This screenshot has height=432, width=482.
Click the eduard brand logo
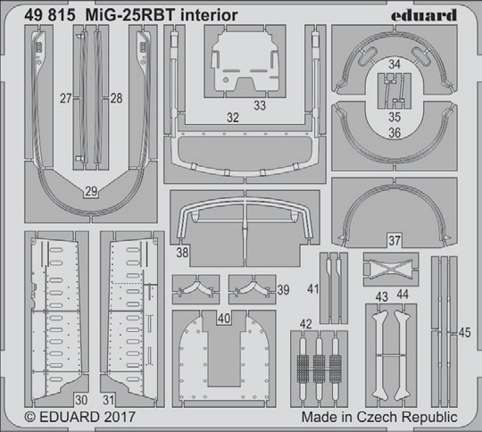click(424, 15)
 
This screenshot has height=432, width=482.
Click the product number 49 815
click(50, 15)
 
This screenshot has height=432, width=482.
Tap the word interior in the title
click(209, 15)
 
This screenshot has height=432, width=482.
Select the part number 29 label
click(91, 192)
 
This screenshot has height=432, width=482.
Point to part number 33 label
click(260, 105)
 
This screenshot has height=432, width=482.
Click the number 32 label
click(233, 118)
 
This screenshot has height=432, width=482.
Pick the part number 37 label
click(395, 240)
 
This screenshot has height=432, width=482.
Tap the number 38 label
click(182, 253)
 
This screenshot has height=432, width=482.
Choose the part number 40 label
click(224, 319)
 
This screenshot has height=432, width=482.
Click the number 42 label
click(305, 324)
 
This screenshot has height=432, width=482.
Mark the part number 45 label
click(464, 332)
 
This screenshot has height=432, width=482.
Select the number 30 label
click(81, 400)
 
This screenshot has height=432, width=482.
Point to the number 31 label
click(109, 400)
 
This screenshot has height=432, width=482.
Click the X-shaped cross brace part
click(390, 267)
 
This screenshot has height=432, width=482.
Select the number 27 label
click(66, 98)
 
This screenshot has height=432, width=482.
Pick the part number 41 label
click(313, 289)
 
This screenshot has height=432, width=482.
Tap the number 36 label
click(395, 133)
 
